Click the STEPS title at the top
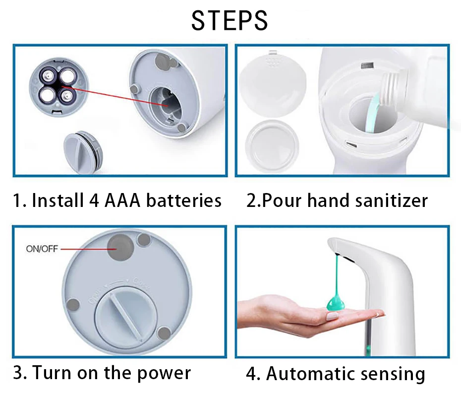(x=230, y=21)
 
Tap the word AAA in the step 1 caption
(x=122, y=200)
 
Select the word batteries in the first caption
(x=184, y=200)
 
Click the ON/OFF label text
(x=42, y=249)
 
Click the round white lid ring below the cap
(x=273, y=145)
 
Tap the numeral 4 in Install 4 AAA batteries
(x=90, y=200)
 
